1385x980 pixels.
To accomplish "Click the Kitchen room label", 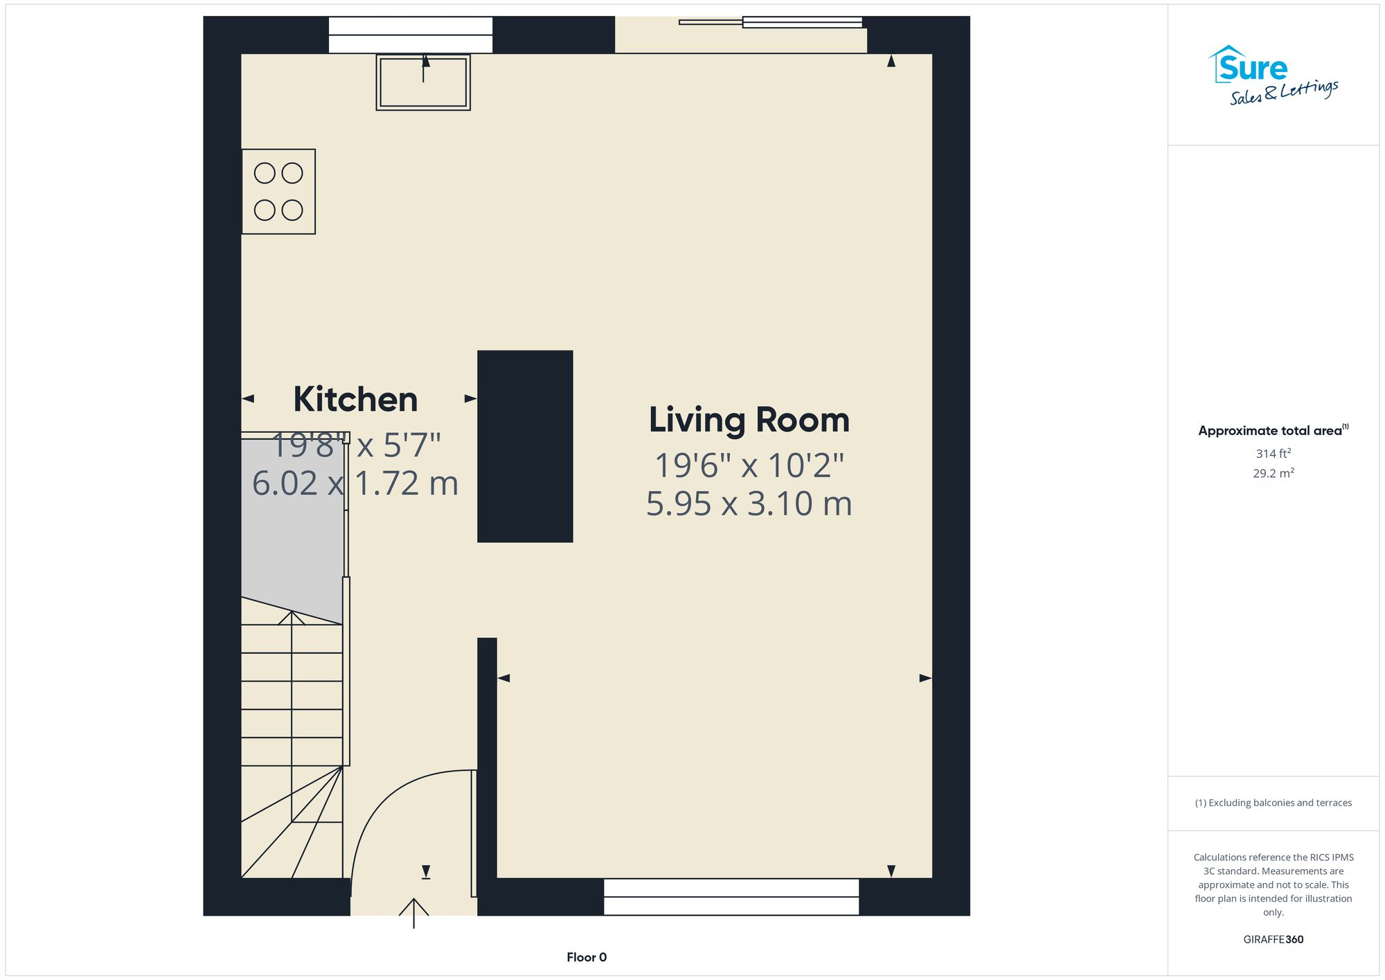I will pyautogui.click(x=355, y=400).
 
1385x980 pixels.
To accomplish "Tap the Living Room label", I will pyautogui.click(x=749, y=420).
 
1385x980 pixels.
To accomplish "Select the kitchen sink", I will pyautogui.click(x=423, y=82).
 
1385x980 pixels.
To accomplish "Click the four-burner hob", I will pyautogui.click(x=278, y=191).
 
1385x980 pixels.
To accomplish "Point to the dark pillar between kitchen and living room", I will pyautogui.click(x=525, y=446).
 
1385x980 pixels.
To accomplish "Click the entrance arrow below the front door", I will pyautogui.click(x=413, y=912).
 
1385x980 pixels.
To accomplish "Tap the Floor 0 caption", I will pyautogui.click(x=586, y=957).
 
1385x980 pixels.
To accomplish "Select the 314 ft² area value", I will pyautogui.click(x=1273, y=454).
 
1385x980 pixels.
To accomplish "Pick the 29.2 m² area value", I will pyautogui.click(x=1273, y=474).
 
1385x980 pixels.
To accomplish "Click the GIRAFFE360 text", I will pyautogui.click(x=1273, y=940).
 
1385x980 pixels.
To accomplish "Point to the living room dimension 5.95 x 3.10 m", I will pyautogui.click(x=749, y=504).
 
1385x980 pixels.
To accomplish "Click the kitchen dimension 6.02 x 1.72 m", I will pyautogui.click(x=355, y=483).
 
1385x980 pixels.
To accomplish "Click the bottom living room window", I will pyautogui.click(x=731, y=897).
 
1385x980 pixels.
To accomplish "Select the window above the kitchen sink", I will pyautogui.click(x=410, y=35).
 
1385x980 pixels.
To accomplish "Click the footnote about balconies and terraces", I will pyautogui.click(x=1273, y=803).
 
